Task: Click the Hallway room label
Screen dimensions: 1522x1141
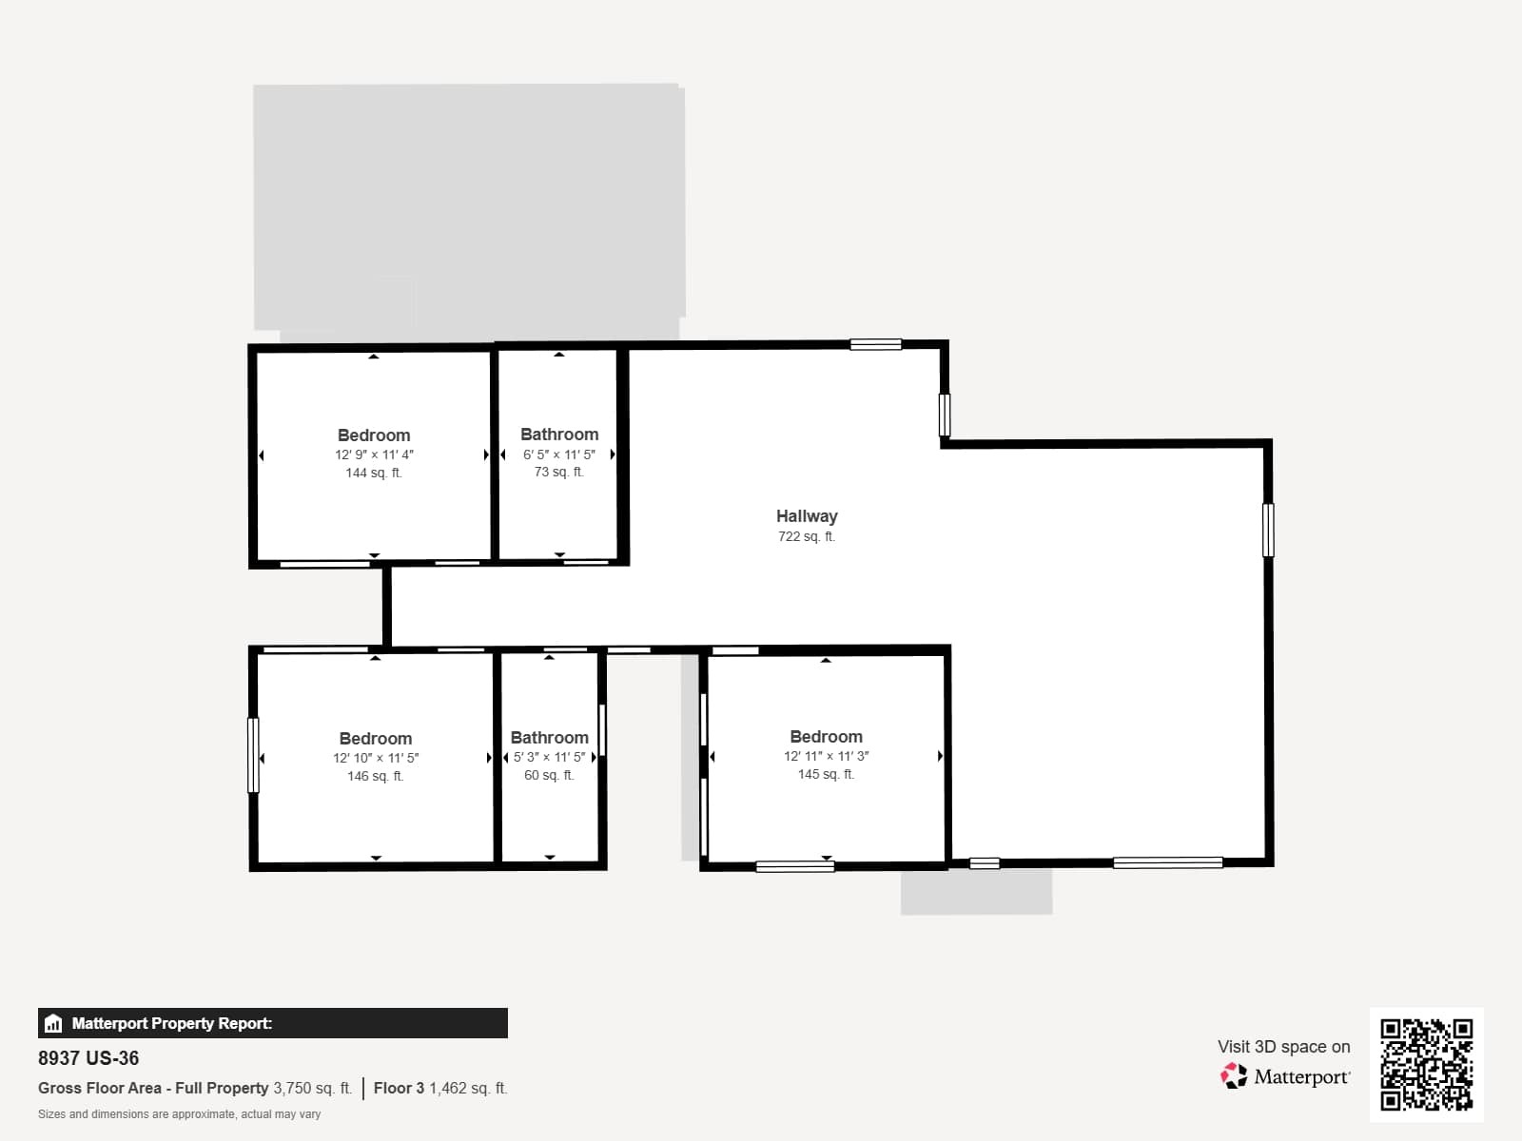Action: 807,516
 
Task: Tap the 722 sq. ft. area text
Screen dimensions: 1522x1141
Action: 807,536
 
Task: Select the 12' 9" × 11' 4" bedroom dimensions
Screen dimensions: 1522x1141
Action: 374,454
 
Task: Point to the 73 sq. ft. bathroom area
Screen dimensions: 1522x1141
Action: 559,472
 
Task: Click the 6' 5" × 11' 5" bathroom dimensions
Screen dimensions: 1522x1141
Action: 559,454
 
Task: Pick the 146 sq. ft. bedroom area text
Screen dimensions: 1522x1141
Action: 375,776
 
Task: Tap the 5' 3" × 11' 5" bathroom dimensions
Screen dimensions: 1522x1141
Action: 549,757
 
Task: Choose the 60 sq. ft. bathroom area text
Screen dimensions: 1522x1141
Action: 549,775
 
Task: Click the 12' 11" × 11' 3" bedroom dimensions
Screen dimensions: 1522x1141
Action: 826,756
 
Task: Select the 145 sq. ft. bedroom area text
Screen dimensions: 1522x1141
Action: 826,774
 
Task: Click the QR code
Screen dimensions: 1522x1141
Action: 1426,1064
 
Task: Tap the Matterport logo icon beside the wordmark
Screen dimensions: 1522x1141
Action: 1234,1076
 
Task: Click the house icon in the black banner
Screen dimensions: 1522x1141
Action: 53,1023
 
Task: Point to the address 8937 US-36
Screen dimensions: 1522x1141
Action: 88,1058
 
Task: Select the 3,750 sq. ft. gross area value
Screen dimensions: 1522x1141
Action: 313,1088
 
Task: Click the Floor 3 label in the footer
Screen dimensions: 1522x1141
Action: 399,1088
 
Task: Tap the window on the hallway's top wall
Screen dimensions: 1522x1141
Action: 876,344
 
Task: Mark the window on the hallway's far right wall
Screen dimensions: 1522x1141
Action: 1268,530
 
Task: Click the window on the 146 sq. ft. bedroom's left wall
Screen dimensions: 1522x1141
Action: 253,755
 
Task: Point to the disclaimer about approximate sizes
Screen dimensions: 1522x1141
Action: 179,1114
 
